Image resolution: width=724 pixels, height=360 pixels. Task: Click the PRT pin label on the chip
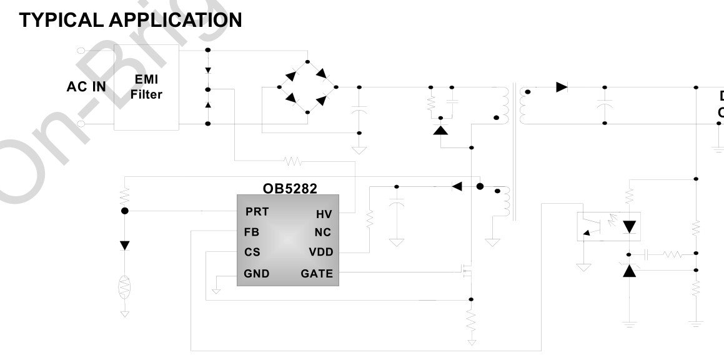257,212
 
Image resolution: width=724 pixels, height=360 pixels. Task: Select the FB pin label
252,232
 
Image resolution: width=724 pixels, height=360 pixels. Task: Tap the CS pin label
252,252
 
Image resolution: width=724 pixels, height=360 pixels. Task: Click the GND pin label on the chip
257,273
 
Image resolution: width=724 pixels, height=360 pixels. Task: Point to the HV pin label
324,214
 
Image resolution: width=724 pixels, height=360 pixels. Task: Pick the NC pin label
323,232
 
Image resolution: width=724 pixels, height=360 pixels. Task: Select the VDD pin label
321,252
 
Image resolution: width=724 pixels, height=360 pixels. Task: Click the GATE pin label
317,273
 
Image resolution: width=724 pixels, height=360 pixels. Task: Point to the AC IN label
86,87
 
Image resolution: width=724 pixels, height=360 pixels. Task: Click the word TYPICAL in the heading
61,20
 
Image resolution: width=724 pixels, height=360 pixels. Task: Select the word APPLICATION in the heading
176,20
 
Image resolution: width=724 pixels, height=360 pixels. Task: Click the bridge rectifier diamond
307,87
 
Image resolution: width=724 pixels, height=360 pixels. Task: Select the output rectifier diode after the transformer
562,87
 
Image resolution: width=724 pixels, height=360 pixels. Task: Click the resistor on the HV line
292,161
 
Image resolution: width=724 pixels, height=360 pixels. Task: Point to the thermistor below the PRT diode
124,287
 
